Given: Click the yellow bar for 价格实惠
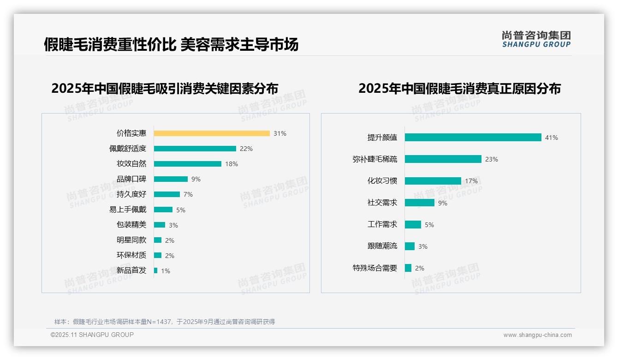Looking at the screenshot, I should (212, 133).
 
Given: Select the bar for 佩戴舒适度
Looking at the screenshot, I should (195, 149).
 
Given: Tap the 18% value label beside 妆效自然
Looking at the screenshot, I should (232, 164).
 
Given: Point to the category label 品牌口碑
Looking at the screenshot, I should (131, 179).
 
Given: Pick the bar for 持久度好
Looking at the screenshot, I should (166, 194).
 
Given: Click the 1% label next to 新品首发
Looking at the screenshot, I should (166, 271).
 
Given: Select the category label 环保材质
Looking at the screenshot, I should (131, 255).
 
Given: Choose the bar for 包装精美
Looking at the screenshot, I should (159, 225).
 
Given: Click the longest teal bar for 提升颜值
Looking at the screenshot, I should (473, 138).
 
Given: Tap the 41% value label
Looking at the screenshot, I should (552, 138).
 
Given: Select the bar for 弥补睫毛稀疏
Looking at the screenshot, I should (443, 159).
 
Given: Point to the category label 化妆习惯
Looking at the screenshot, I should (382, 181).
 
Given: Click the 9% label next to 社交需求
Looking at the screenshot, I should (443, 203).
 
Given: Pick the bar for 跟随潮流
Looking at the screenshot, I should (410, 246).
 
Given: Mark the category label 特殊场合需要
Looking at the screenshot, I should (375, 268).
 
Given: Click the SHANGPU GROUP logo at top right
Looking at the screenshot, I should (536, 39).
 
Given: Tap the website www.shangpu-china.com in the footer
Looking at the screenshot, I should (537, 335).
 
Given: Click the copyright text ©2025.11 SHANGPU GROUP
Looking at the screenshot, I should (92, 335).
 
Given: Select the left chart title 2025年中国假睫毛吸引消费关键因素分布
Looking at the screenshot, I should (165, 88).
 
